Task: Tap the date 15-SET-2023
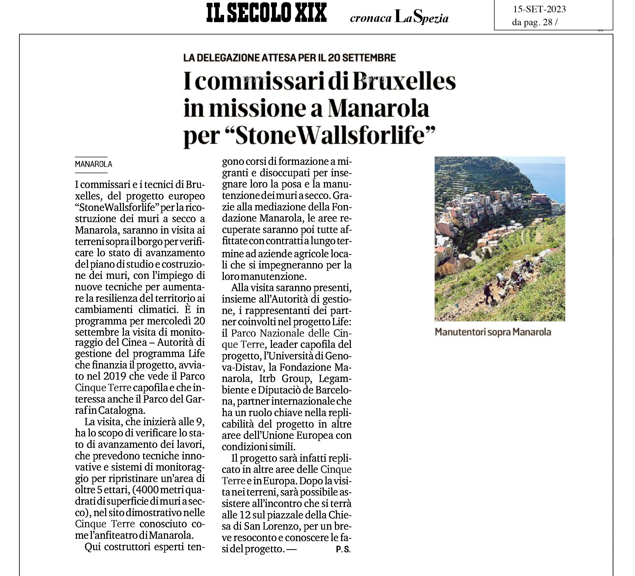pyautogui.click(x=539, y=9)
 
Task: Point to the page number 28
pyautogui.click(x=548, y=22)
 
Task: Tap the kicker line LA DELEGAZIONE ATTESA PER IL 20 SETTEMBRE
pyautogui.click(x=289, y=58)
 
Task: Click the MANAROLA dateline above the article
pyautogui.click(x=93, y=164)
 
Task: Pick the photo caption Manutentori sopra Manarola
pyautogui.click(x=493, y=332)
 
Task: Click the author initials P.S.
pyautogui.click(x=343, y=549)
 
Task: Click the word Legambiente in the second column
pyautogui.click(x=335, y=379)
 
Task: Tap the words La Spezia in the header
pyautogui.click(x=421, y=18)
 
